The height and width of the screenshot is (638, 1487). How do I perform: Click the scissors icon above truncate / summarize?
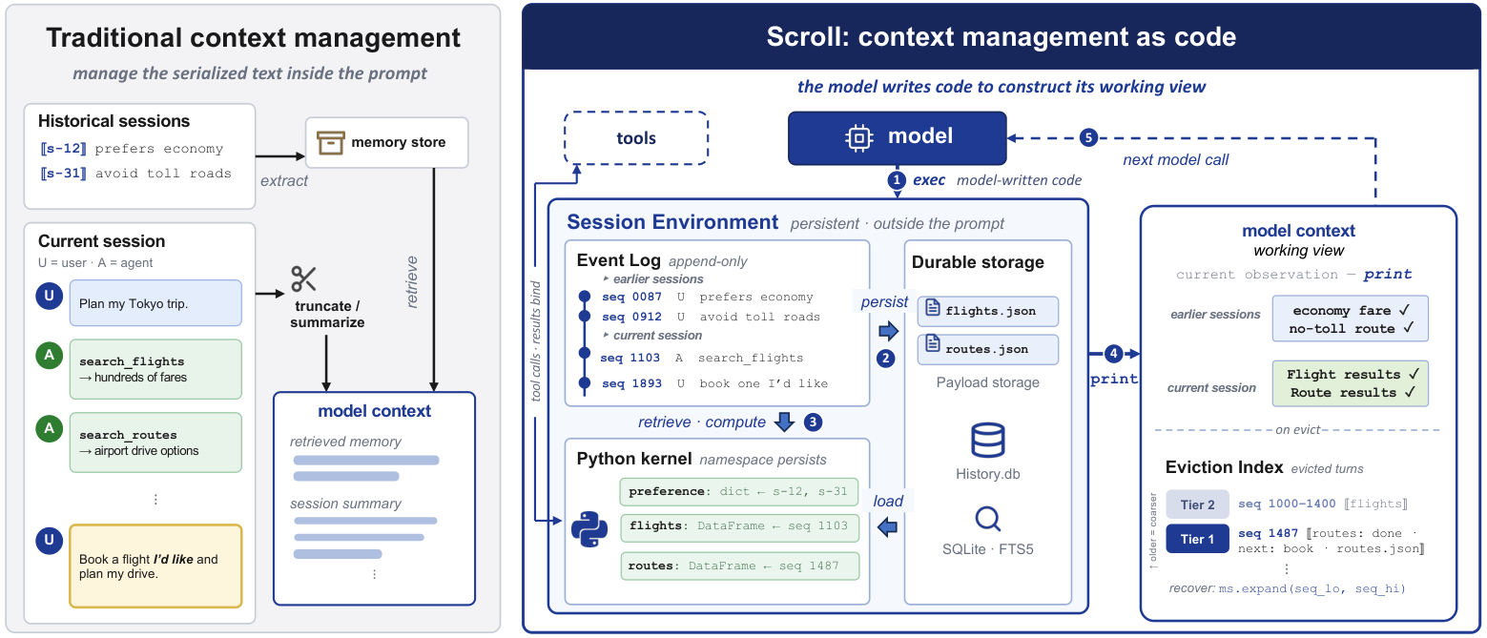pyautogui.click(x=303, y=278)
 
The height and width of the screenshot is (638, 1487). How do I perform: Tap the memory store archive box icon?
pyautogui.click(x=330, y=143)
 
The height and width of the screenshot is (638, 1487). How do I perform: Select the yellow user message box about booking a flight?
pyautogui.click(x=156, y=566)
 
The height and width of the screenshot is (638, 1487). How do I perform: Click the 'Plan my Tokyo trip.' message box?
pyautogui.click(x=156, y=302)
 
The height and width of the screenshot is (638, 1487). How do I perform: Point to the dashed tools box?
pyautogui.click(x=636, y=138)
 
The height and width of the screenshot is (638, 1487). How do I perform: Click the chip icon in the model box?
pyautogui.click(x=858, y=137)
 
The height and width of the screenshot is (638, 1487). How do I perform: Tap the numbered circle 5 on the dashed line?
pyautogui.click(x=1087, y=137)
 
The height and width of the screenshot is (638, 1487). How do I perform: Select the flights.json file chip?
pyautogui.click(x=988, y=311)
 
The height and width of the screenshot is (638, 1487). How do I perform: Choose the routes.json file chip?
pyautogui.click(x=988, y=349)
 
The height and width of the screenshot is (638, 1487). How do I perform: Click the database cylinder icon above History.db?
pyautogui.click(x=988, y=441)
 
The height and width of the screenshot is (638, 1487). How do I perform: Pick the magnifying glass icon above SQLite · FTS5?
pyautogui.click(x=988, y=519)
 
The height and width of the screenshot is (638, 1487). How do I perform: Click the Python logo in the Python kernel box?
pyautogui.click(x=589, y=529)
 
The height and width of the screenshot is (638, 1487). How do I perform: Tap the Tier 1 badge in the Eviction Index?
pyautogui.click(x=1197, y=539)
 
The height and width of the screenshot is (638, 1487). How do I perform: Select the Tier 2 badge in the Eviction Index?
pyautogui.click(x=1197, y=504)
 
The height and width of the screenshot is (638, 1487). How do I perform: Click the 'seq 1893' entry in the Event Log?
pyautogui.click(x=631, y=383)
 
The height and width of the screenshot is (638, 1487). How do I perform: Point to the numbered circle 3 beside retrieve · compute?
pyautogui.click(x=813, y=422)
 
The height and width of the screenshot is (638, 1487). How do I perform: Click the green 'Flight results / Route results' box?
pyautogui.click(x=1351, y=383)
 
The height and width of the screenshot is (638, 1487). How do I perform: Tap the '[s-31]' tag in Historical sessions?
pyautogui.click(x=64, y=174)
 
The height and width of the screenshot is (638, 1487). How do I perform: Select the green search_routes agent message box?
pyautogui.click(x=156, y=442)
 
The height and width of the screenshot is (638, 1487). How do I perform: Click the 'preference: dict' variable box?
pyautogui.click(x=739, y=492)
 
